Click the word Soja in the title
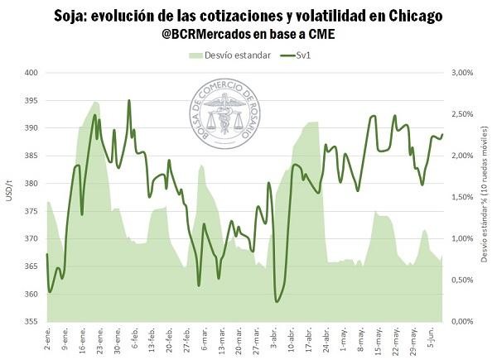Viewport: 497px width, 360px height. (x=72, y=15)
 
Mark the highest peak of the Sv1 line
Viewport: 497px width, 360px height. (x=129, y=101)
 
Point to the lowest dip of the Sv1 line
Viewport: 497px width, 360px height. (x=277, y=301)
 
